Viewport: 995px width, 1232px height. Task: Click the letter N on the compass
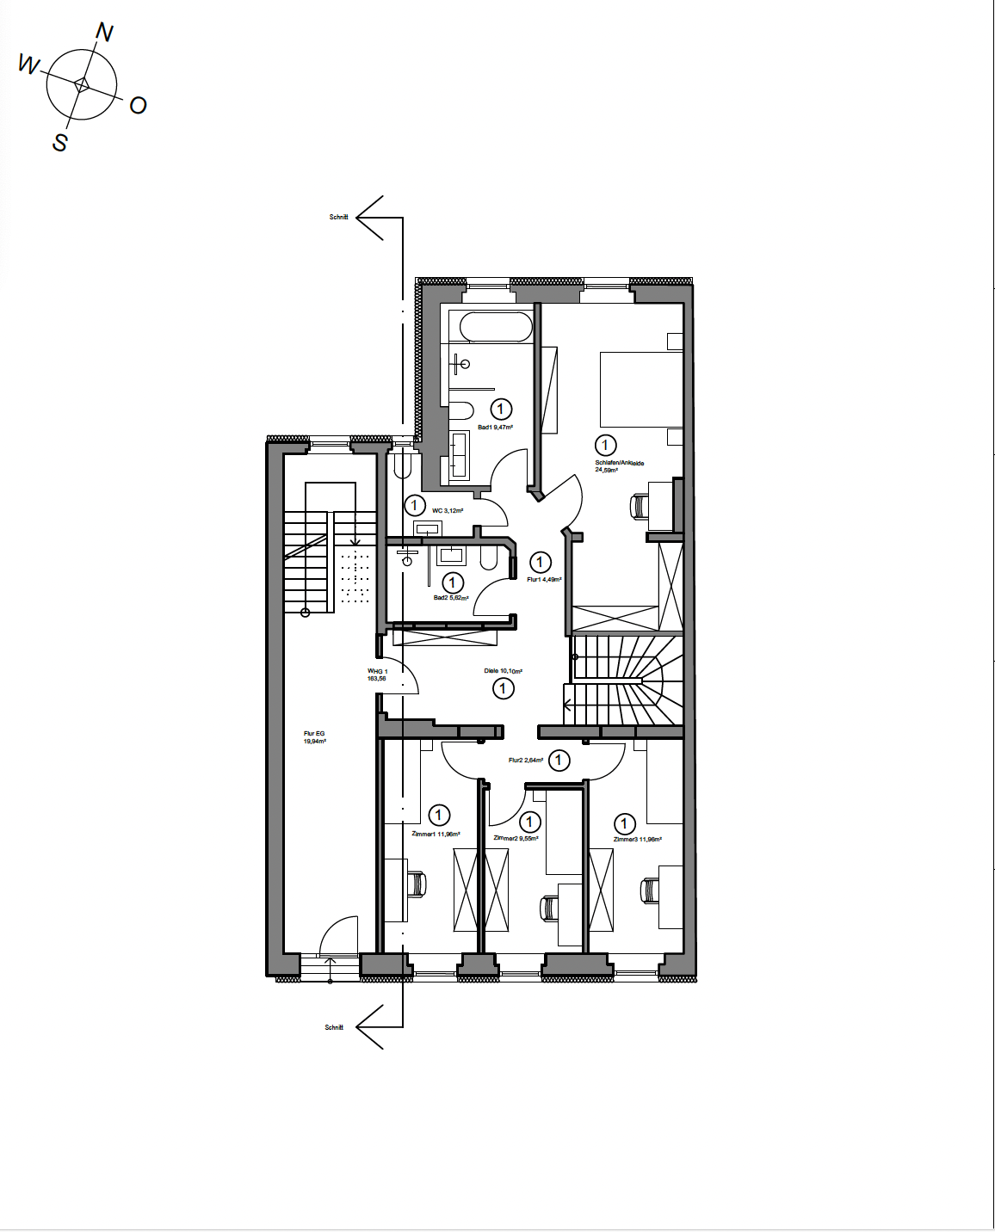104,33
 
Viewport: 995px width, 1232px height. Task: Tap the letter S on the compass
59,142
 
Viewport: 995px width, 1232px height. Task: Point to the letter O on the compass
138,106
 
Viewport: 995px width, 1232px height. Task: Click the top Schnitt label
338,218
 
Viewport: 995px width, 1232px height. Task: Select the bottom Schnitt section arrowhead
371,1026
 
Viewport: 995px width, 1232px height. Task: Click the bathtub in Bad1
496,327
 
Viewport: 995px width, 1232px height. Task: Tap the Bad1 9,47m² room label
495,428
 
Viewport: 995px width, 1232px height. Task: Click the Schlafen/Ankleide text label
619,463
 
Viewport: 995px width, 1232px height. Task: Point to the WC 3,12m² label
448,511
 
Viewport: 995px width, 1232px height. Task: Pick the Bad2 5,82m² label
451,598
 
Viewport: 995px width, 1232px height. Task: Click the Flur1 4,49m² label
544,580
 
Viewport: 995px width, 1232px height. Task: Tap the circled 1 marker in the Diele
504,688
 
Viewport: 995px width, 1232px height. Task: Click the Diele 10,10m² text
503,671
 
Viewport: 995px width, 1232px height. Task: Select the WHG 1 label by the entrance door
377,675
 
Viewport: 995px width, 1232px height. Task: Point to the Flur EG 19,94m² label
314,737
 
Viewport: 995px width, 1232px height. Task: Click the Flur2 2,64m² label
525,761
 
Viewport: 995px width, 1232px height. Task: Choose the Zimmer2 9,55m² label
516,838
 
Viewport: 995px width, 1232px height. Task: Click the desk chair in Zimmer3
648,890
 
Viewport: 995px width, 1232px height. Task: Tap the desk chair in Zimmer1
417,884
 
